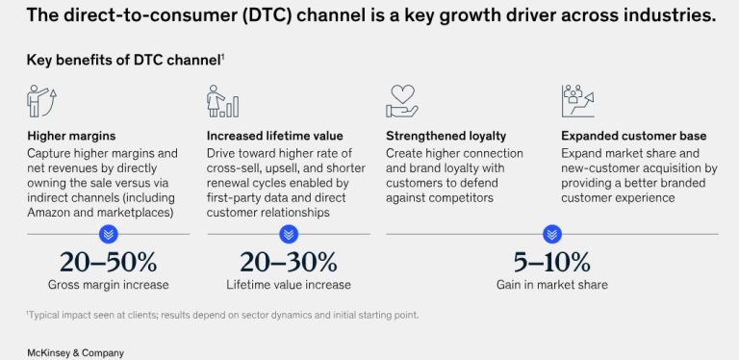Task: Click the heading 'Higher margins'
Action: tap(71, 136)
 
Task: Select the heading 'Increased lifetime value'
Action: tap(275, 136)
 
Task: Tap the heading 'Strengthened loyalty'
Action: tap(446, 136)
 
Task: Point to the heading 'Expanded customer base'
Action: tap(633, 136)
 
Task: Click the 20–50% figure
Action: tap(109, 263)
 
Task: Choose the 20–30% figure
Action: tap(289, 263)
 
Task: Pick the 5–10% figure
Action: tap(552, 263)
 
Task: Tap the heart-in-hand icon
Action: tap(402, 101)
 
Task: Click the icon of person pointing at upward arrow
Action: tap(41, 101)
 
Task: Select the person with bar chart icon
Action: tap(222, 101)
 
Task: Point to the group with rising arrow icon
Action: tap(577, 101)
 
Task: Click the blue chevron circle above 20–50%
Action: tap(109, 234)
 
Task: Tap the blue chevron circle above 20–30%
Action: tap(289, 234)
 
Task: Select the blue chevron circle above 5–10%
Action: tap(552, 234)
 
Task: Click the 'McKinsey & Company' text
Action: tap(75, 353)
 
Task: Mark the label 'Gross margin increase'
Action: tap(109, 285)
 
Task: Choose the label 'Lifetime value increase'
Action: tap(289, 285)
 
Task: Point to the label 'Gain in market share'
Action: tap(552, 285)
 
